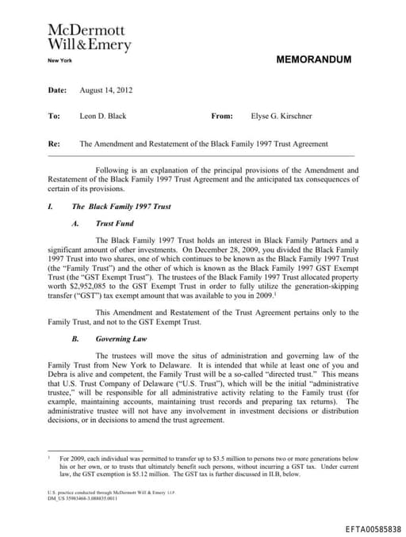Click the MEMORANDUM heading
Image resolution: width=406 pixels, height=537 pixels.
[313, 59]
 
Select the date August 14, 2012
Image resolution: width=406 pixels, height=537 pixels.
[105, 90]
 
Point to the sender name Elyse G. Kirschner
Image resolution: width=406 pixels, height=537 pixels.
[282, 116]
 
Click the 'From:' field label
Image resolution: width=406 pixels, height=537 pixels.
[222, 116]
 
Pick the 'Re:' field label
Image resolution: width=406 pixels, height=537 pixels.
[55, 145]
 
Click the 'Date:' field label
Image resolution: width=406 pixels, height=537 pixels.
[57, 90]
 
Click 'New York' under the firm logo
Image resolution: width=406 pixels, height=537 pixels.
[60, 61]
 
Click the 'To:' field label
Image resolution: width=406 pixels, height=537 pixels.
[55, 116]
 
